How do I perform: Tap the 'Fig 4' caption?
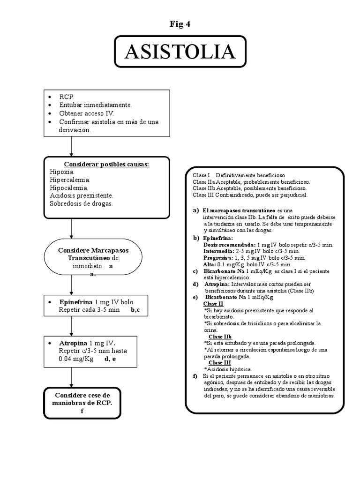pyautogui.click(x=180, y=24)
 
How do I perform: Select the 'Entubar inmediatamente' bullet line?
pyautogui.click(x=95, y=105)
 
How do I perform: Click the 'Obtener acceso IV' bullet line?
pyautogui.click(x=86, y=113)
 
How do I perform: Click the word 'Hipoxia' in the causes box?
pyautogui.click(x=62, y=172)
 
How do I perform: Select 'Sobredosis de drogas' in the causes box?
pyautogui.click(x=81, y=204)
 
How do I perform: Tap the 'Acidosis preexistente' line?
pyautogui.click(x=81, y=195)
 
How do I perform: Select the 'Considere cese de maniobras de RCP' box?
pyautogui.click(x=82, y=403)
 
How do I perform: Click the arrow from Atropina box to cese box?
pyautogui.click(x=71, y=377)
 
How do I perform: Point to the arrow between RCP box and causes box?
pyautogui.click(x=71, y=147)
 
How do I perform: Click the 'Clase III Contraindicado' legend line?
pyautogui.click(x=249, y=195)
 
